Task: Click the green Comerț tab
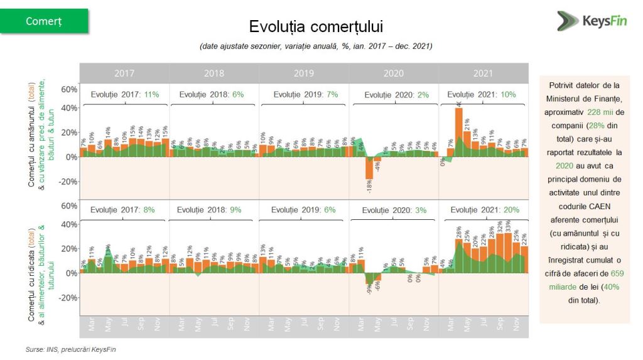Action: (44, 21)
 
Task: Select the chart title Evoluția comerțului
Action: (315, 26)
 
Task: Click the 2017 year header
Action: (124, 73)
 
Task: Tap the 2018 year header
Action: (213, 73)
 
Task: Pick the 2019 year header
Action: (303, 73)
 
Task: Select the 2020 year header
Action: (393, 73)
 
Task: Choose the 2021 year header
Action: (483, 73)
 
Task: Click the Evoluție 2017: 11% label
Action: (125, 94)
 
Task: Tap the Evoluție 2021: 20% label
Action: (485, 210)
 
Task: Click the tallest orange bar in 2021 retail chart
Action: (459, 132)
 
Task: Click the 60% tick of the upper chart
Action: (69, 89)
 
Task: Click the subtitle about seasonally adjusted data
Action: (316, 46)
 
